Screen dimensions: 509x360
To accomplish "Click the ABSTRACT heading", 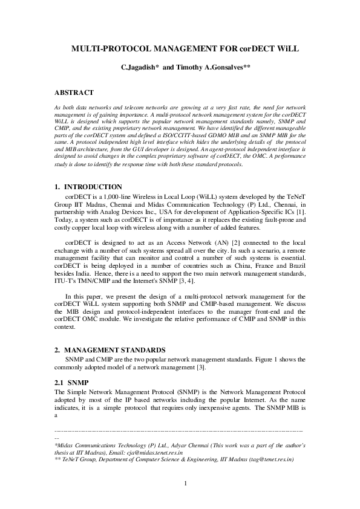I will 74,92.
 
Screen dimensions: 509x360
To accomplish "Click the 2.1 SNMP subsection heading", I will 71,382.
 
